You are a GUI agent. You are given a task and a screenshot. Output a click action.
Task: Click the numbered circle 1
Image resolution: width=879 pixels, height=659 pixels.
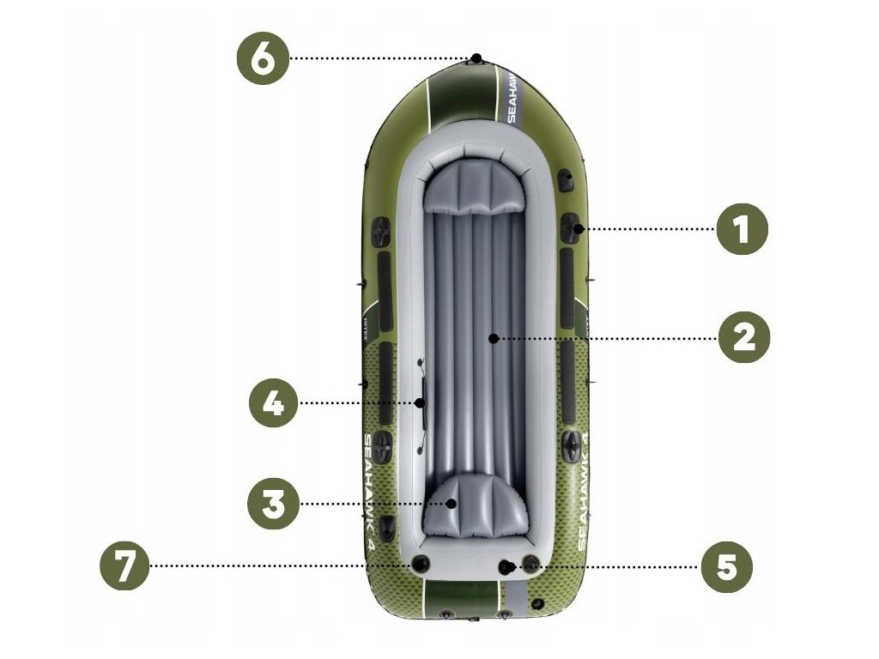[x=743, y=229]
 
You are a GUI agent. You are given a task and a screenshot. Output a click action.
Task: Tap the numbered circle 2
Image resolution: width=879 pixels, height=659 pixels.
[x=744, y=338]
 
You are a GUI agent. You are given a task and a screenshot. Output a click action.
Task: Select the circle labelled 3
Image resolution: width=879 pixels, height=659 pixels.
[x=274, y=504]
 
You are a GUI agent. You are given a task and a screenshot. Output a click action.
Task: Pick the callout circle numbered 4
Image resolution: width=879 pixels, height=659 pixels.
[x=274, y=402]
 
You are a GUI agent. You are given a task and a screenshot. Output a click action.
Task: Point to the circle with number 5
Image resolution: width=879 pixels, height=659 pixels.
[x=726, y=566]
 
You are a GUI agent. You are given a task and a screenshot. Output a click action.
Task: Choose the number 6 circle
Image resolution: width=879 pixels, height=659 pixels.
[x=264, y=58]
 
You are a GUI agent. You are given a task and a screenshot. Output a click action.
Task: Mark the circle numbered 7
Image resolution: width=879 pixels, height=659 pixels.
[x=125, y=566]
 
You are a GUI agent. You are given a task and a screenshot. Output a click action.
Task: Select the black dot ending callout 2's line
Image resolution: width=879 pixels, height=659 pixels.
[x=493, y=339]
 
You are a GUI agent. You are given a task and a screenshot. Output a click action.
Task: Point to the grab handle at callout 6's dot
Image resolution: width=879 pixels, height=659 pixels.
[x=477, y=59]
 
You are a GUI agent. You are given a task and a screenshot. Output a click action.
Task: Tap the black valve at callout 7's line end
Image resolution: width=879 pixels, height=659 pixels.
[x=420, y=564]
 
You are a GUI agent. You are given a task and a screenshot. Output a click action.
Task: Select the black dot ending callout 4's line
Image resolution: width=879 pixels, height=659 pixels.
[x=421, y=402]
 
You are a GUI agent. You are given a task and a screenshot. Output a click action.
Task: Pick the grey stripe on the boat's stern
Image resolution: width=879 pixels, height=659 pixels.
[x=518, y=600]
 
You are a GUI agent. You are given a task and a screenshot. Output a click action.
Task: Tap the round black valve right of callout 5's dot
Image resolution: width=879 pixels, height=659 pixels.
[x=530, y=564]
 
